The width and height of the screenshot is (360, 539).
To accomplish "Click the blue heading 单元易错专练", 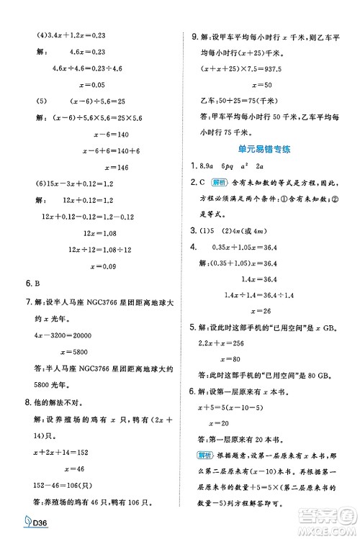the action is point(264,150).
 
